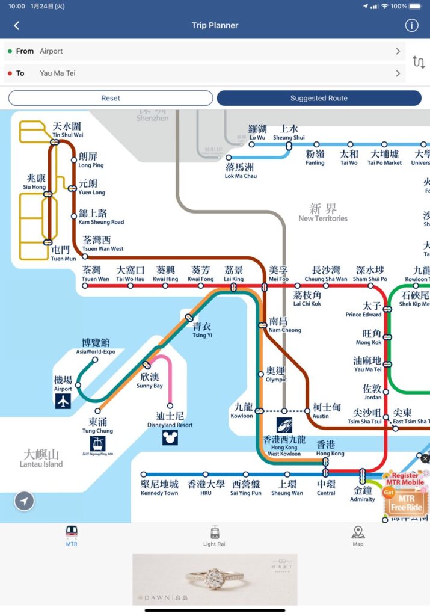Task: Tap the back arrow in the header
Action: point(17,25)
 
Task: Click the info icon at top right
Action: point(411,25)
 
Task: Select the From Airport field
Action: point(204,51)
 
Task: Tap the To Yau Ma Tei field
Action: point(204,73)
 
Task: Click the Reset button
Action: point(111,98)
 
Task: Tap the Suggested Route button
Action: point(319,98)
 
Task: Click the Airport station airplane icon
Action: point(63,402)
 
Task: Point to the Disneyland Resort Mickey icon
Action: point(170,437)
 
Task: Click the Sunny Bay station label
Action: point(149,381)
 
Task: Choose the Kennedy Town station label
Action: point(159,488)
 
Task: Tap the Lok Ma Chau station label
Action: point(241,171)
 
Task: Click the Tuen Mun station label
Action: point(63,254)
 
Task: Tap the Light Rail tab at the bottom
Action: point(215,535)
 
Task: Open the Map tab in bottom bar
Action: point(358,535)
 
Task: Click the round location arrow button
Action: point(25,500)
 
